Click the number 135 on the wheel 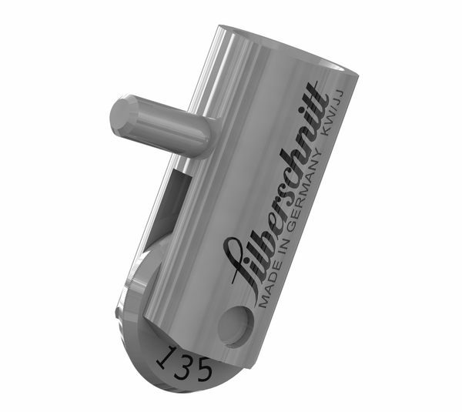(x=184, y=363)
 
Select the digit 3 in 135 (x=182, y=363)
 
